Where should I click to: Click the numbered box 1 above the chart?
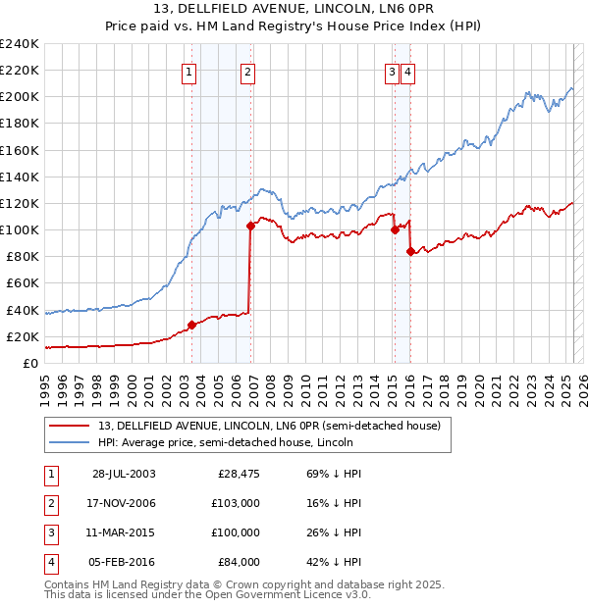(x=187, y=71)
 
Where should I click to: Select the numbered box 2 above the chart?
(x=247, y=71)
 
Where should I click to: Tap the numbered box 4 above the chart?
(x=407, y=71)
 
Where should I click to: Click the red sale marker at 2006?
(x=250, y=226)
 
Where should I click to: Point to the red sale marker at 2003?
(x=191, y=325)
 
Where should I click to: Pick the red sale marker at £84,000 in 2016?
(x=409, y=251)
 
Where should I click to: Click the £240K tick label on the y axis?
(x=20, y=44)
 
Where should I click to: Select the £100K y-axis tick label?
(x=20, y=229)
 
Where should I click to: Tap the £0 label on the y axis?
(x=30, y=363)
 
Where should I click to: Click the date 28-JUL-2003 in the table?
(x=124, y=474)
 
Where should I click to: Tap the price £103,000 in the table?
(x=235, y=503)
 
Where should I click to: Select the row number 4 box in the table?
(x=50, y=562)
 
